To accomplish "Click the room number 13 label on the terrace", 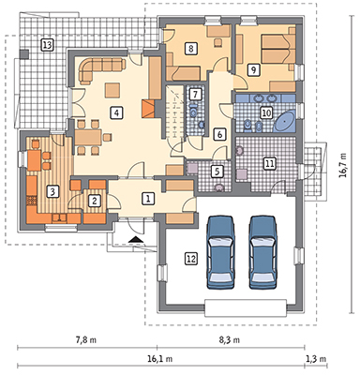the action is (x=47, y=45).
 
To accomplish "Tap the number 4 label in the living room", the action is (x=116, y=112).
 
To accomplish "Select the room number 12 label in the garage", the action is (x=191, y=259).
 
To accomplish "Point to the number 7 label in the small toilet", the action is (x=195, y=94).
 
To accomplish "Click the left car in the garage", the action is (x=220, y=252).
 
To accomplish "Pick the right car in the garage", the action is (x=262, y=252).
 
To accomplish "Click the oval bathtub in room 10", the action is (x=284, y=121).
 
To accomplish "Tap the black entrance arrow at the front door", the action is (x=136, y=240).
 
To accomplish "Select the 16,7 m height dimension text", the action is (x=343, y=165).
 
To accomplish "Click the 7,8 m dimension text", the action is (x=86, y=340).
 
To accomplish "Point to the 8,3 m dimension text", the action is (x=230, y=340).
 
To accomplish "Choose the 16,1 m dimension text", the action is (x=160, y=359).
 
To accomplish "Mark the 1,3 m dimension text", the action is (x=317, y=359).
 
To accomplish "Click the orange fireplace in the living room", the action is (x=148, y=109).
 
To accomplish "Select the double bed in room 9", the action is (x=278, y=49).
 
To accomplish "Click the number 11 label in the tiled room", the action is (x=269, y=163).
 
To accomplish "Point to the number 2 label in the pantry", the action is (x=94, y=201).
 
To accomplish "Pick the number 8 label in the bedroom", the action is (x=191, y=49).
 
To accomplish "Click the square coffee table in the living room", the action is (x=112, y=90).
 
